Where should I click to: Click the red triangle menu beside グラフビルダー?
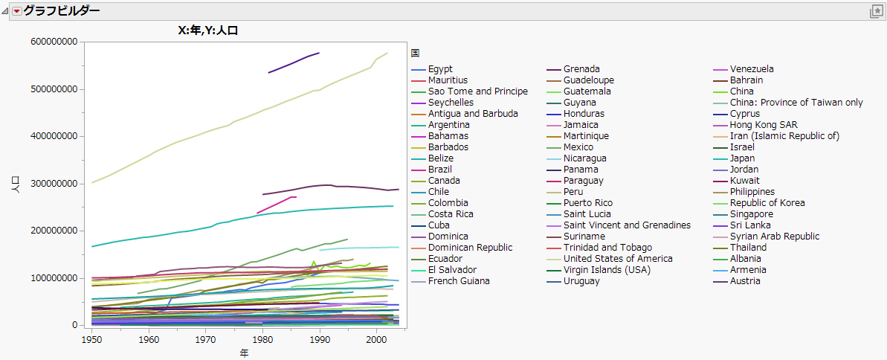[x=16, y=11]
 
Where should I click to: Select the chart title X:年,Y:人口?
[x=202, y=30]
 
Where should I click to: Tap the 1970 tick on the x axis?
[x=206, y=339]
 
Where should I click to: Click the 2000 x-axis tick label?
[x=376, y=339]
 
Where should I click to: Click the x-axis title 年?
[x=244, y=353]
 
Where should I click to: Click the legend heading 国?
[x=415, y=54]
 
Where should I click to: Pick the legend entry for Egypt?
[x=440, y=69]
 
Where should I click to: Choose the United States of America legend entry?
[x=618, y=259]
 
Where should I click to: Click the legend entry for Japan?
[x=742, y=158]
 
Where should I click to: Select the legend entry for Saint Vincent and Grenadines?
[x=627, y=225]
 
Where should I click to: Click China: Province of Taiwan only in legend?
[x=796, y=103]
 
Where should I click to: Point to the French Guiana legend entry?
[x=458, y=281]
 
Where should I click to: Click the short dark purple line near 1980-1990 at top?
[x=294, y=62]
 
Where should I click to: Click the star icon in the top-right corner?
[x=876, y=11]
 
